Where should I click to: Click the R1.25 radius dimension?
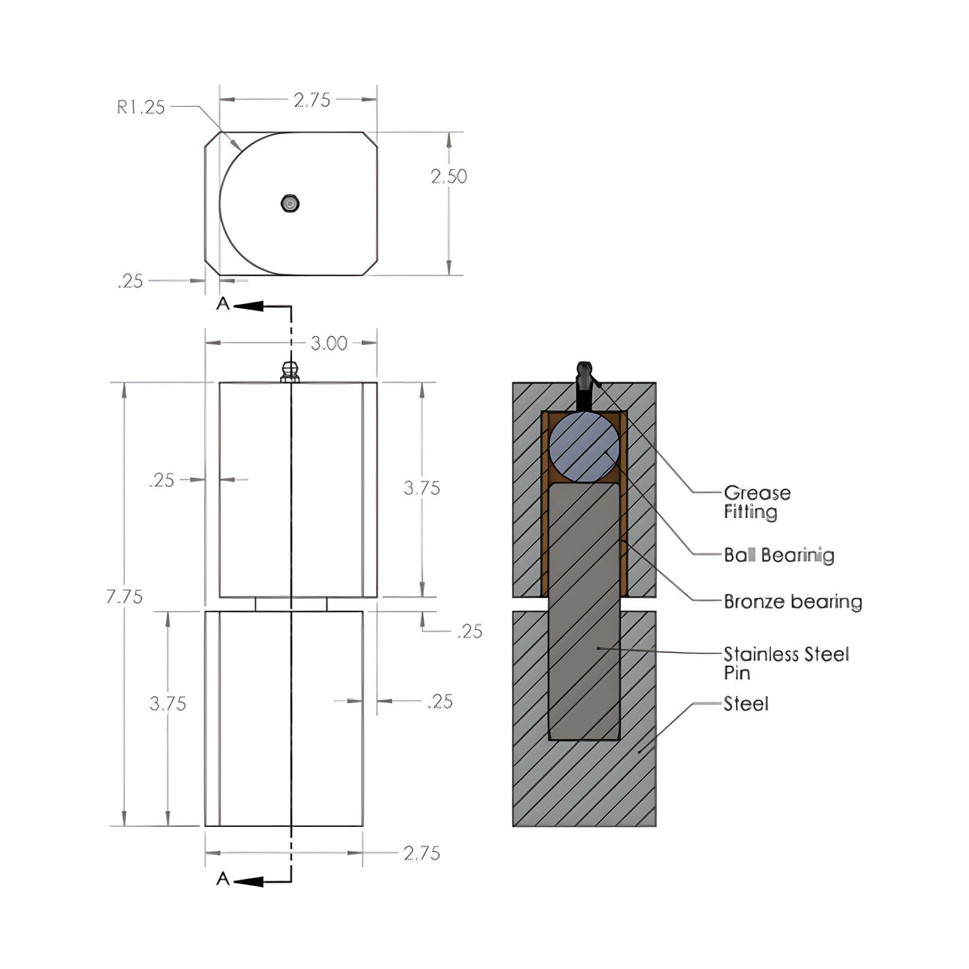[140, 107]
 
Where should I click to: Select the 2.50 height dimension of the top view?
[449, 176]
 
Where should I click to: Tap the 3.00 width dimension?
[329, 343]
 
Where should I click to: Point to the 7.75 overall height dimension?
[125, 596]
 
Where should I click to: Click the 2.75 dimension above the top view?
[311, 100]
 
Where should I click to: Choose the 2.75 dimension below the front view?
[421, 853]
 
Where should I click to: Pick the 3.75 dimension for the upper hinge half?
[421, 488]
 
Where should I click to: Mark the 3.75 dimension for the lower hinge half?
[168, 703]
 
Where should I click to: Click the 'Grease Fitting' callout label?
[757, 502]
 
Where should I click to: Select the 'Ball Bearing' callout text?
[778, 555]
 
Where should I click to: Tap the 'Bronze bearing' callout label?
[793, 601]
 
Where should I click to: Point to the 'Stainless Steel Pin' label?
[785, 663]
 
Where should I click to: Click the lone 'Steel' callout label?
[746, 704]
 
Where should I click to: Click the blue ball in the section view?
[584, 447]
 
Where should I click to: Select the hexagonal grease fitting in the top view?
[291, 204]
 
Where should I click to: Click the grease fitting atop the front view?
[291, 371]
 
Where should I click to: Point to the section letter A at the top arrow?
[223, 304]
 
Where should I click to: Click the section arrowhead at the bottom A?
[248, 881]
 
